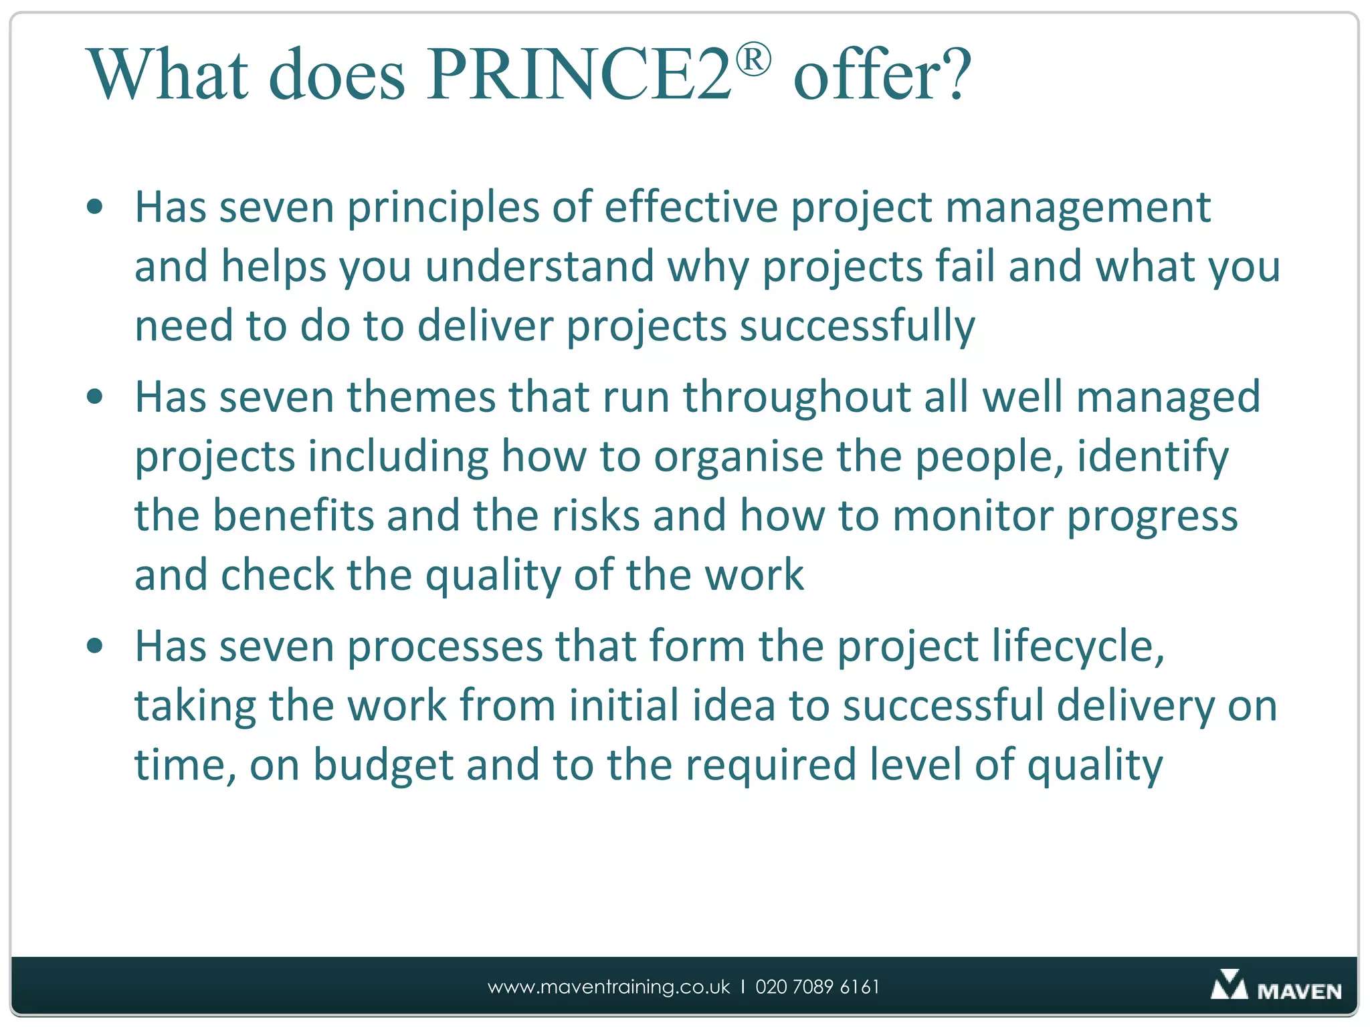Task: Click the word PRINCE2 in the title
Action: coord(579,74)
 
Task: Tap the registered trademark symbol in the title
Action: coord(753,60)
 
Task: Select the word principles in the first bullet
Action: coord(443,208)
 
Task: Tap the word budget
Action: coord(383,765)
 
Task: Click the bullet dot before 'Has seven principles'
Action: coord(95,207)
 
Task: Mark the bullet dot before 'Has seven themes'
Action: coord(95,397)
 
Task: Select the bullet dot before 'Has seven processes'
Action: coord(95,647)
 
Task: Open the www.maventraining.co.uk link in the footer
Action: coord(609,987)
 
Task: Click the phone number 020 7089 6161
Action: coord(817,987)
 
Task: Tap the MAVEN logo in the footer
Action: coord(1276,986)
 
